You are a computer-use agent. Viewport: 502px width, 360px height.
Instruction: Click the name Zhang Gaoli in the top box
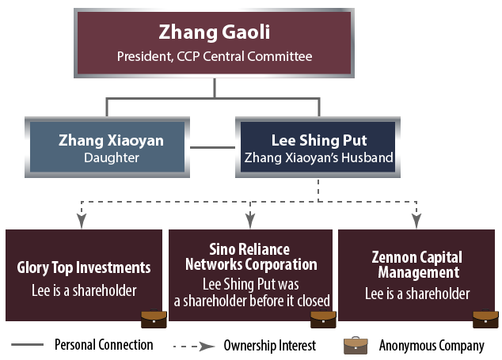pos(215,34)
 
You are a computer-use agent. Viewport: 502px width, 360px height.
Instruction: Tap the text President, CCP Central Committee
pos(215,57)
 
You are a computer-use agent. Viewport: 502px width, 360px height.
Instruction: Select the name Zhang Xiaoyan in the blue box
pos(111,141)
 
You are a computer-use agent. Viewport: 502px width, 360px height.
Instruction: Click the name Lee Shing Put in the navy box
pos(319,141)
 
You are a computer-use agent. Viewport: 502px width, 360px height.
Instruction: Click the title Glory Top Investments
pos(83,268)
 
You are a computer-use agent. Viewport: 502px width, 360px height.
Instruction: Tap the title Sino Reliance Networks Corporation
pos(250,257)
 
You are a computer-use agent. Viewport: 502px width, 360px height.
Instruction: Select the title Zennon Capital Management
pos(417,265)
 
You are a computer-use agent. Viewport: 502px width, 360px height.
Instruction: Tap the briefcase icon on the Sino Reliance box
pos(321,317)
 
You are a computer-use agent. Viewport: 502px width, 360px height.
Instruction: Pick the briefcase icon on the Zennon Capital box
pos(485,317)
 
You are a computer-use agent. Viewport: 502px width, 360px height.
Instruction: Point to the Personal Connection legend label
pos(104,346)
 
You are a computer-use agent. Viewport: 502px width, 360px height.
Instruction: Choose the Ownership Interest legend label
pos(269,346)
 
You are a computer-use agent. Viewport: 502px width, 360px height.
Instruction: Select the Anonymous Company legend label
pos(431,346)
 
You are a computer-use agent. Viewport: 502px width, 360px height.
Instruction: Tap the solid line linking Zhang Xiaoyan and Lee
pos(212,146)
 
